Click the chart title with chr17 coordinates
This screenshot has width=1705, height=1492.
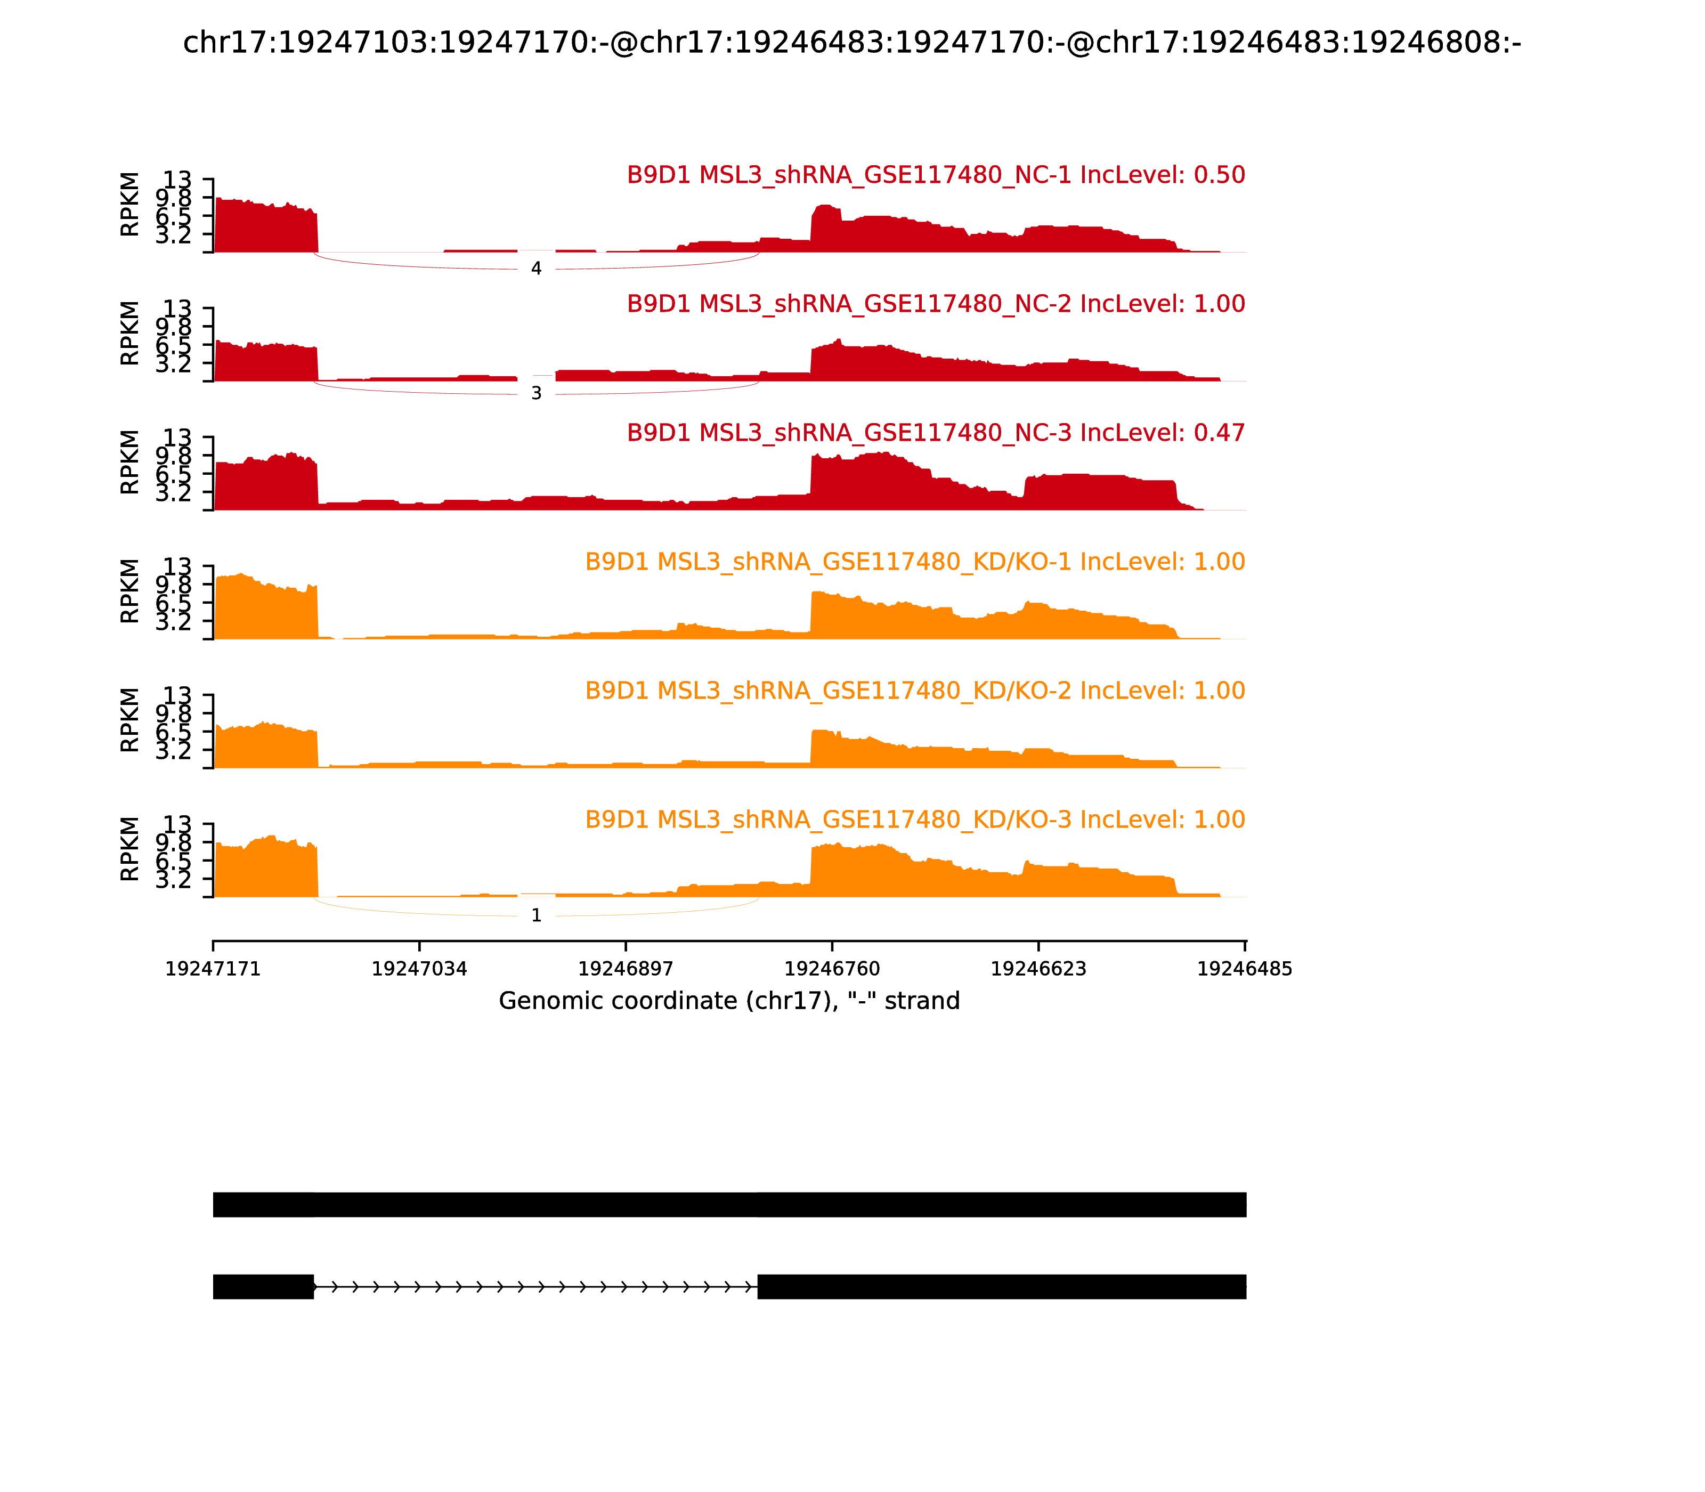[851, 43]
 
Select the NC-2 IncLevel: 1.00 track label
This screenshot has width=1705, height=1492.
[936, 304]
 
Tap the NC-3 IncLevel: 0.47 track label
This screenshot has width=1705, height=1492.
[936, 433]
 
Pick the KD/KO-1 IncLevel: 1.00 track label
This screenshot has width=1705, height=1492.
[915, 562]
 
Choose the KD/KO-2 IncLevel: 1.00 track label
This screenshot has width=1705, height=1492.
[915, 691]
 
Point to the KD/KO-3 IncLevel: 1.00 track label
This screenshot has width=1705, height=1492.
[915, 820]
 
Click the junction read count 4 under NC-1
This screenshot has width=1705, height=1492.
[536, 269]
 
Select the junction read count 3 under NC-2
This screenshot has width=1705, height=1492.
[536, 394]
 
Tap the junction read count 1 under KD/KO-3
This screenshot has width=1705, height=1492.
[536, 916]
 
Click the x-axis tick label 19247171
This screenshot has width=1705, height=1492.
[213, 969]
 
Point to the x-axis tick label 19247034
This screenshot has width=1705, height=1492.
[420, 969]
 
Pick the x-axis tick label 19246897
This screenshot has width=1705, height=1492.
[626, 969]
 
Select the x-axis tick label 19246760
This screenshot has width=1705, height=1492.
[832, 969]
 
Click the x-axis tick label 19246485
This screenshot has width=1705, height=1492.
[1245, 969]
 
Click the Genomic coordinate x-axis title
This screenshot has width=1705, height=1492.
[729, 1001]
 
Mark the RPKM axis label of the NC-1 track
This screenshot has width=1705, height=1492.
[130, 205]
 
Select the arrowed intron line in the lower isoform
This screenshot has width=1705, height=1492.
[535, 1287]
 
